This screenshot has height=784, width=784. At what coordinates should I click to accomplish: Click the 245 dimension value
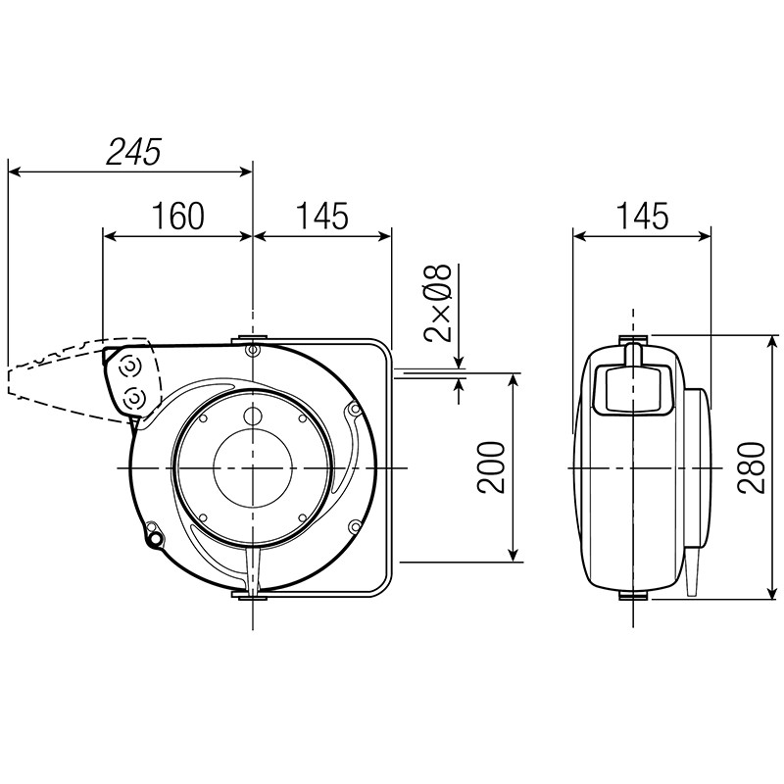pyautogui.click(x=134, y=150)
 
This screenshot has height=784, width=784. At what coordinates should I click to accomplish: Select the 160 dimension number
pyautogui.click(x=178, y=216)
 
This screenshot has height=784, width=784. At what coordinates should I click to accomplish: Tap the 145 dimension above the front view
pyautogui.click(x=321, y=216)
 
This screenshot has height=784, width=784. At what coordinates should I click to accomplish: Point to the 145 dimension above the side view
pyautogui.click(x=642, y=216)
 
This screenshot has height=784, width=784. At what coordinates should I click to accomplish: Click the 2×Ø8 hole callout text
pyautogui.click(x=439, y=303)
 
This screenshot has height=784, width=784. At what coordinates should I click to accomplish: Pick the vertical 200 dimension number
pyautogui.click(x=493, y=467)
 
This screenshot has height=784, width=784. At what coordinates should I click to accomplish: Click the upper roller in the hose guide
pyautogui.click(x=128, y=367)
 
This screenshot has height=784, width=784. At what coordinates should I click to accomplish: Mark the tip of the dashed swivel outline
pyautogui.click(x=10, y=381)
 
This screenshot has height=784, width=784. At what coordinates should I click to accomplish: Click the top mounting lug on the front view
pyautogui.click(x=252, y=345)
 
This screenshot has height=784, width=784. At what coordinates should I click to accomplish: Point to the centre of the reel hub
pyautogui.click(x=252, y=468)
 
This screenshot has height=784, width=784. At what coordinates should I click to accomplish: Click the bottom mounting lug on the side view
pyautogui.click(x=633, y=595)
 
